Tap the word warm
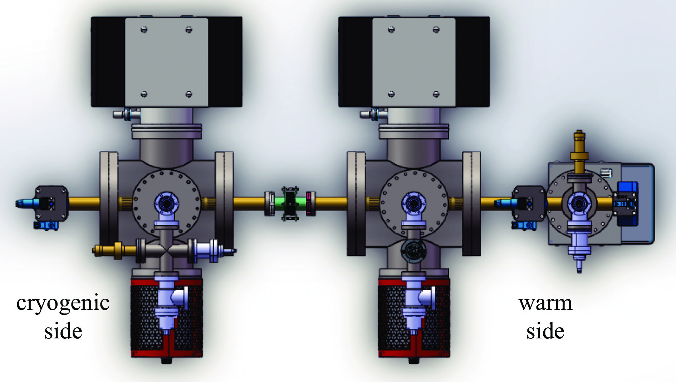pyautogui.click(x=545, y=303)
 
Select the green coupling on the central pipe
pyautogui.click(x=290, y=204)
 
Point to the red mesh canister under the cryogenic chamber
pyautogui.click(x=167, y=318)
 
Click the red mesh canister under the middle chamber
pyautogui.click(x=414, y=318)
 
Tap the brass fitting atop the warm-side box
pyautogui.click(x=579, y=150)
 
